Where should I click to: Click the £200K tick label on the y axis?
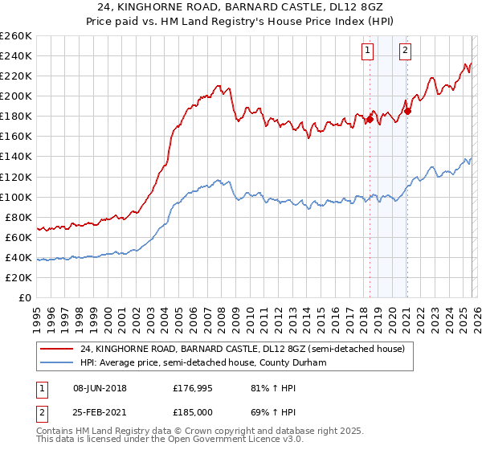[x=16, y=96]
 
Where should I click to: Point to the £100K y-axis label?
[x=16, y=197]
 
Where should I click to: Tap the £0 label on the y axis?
[x=25, y=298]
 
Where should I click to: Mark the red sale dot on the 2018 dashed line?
[x=370, y=119]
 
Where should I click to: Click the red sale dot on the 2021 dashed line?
[x=407, y=111]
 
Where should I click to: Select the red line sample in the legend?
[x=58, y=349]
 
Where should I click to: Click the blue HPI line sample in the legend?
[x=58, y=362]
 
